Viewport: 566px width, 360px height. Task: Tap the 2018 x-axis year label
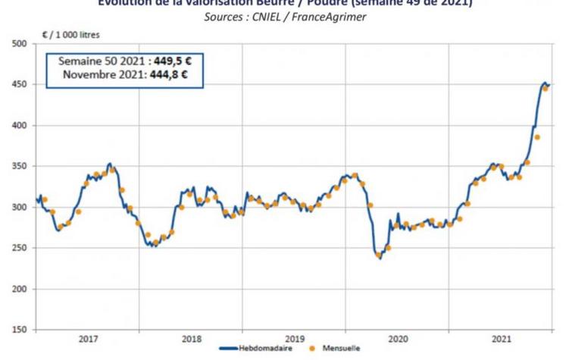tap(191, 338)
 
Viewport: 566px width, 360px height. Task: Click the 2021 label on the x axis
tap(500, 338)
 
